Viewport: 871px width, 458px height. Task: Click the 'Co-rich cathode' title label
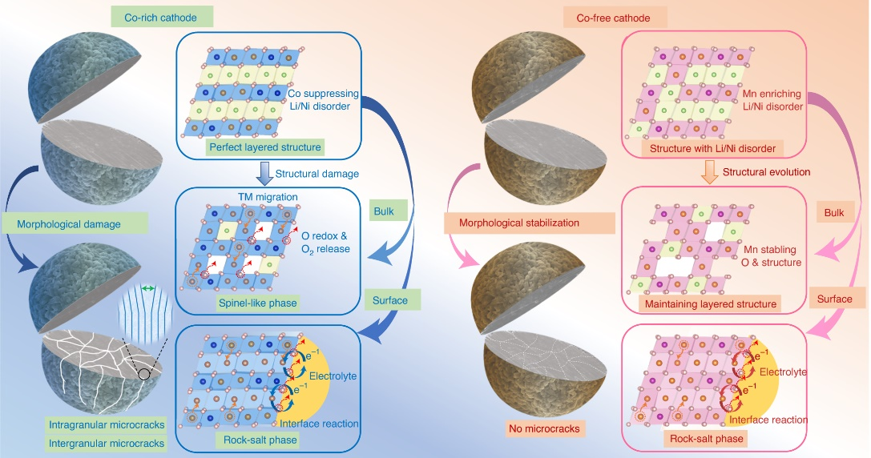(x=157, y=16)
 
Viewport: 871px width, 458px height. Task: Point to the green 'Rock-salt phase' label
(x=258, y=440)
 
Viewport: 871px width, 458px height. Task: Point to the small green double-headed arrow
(x=147, y=287)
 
